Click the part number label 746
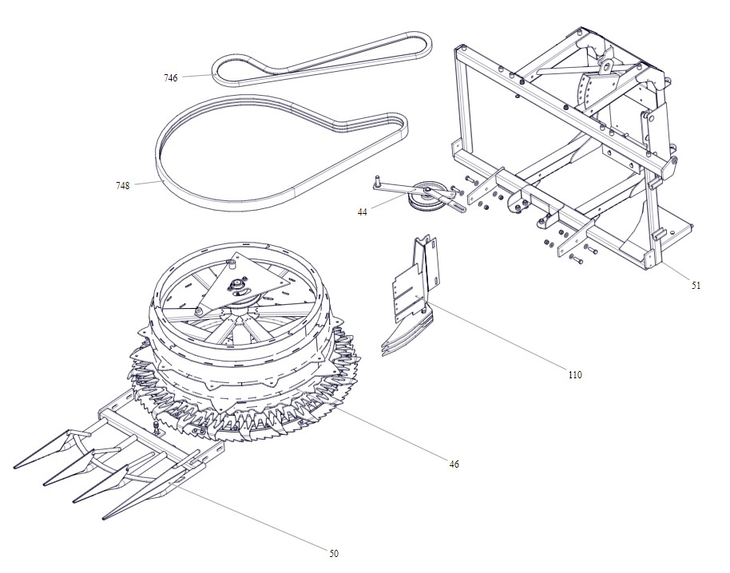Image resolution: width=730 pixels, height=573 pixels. coord(170,78)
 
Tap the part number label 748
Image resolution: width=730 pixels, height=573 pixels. coord(122,186)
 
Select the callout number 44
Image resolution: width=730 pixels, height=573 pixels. coord(363,212)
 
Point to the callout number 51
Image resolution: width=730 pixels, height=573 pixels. coord(696,286)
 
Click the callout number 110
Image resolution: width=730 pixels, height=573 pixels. coord(575,374)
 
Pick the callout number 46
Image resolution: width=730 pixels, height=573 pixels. coord(454,464)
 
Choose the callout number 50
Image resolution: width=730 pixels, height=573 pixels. coord(334,554)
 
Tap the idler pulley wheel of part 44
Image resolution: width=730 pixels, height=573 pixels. coord(425,199)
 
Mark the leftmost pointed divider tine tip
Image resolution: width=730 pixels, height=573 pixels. coord(15,467)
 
